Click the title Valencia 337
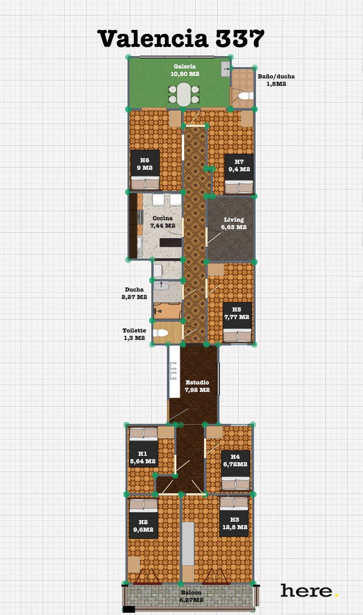[x=180, y=38]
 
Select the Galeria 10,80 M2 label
[x=184, y=70]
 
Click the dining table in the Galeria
[x=184, y=94]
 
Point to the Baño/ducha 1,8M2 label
[x=276, y=80]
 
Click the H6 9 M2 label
[x=145, y=164]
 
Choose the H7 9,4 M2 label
[x=239, y=165]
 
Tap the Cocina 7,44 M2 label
[x=162, y=222]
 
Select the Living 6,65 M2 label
[x=233, y=223]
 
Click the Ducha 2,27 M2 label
[x=134, y=293]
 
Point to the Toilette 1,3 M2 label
[x=134, y=334]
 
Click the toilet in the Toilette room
[x=161, y=333]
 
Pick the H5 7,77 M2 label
[x=236, y=313]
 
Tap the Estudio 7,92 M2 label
[x=197, y=386]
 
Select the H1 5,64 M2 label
[x=143, y=457]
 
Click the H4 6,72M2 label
[x=235, y=460]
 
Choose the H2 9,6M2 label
[x=143, y=526]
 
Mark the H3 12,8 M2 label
[x=234, y=523]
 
